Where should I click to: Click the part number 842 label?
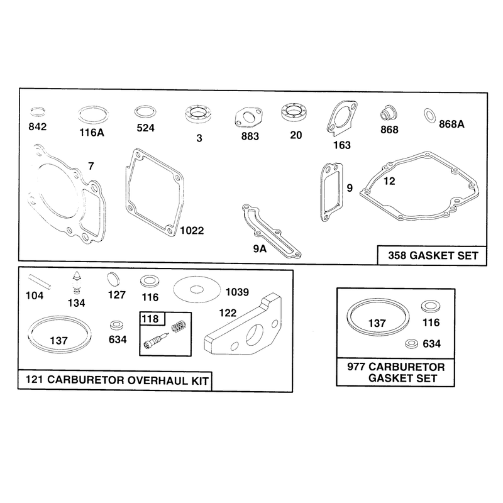pos(38,127)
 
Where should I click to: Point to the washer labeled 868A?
pos(429,116)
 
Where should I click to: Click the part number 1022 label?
pos(192,230)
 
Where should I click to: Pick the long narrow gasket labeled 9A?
pos(272,231)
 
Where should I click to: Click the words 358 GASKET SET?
pos(433,256)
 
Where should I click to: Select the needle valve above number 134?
pos(76,282)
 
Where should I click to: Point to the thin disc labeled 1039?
pos(197,290)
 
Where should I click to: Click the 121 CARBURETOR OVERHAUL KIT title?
pos(117,380)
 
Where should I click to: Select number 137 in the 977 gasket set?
pos(377,323)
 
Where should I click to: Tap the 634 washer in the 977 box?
pos(412,343)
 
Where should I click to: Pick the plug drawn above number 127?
pos(113,279)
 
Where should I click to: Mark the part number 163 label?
pos(342,145)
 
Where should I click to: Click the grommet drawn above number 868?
pos(389,113)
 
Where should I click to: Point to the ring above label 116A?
pos(93,115)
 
